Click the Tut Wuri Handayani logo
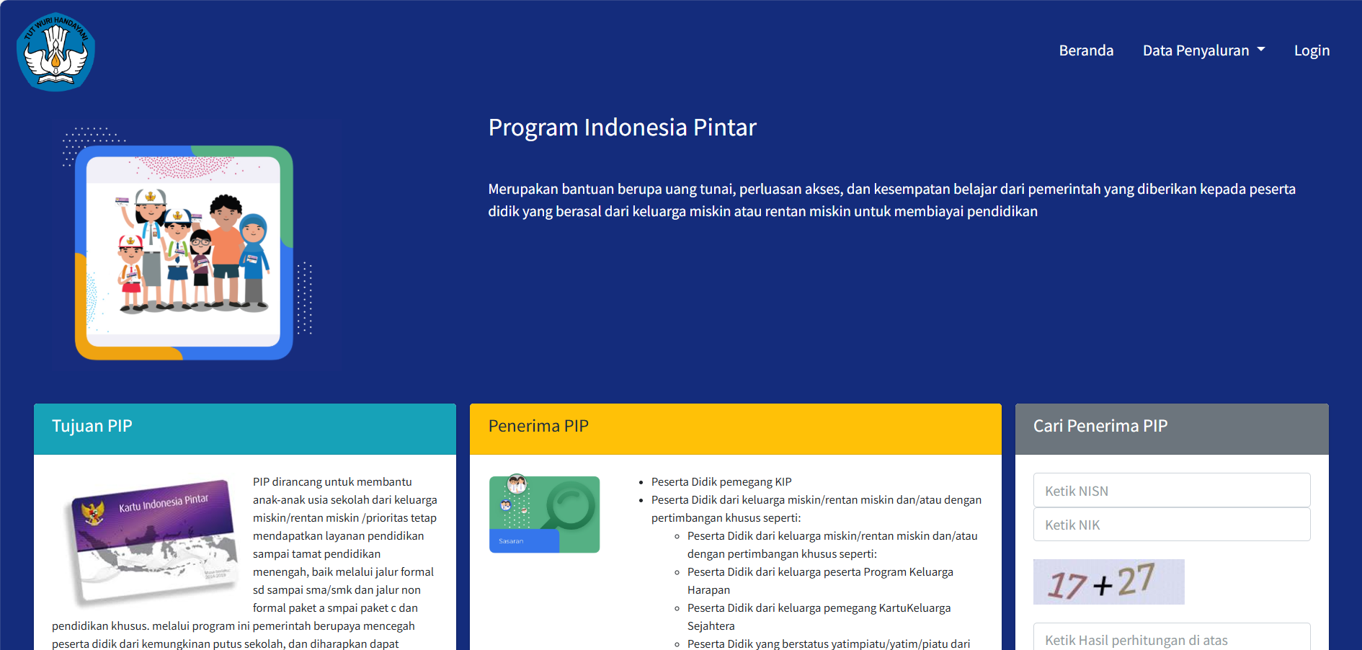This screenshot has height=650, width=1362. pos(55,52)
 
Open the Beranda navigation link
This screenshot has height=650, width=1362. pos(1086,50)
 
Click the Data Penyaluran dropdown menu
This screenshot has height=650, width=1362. pos(1203,50)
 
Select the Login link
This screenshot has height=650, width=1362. pos(1312,50)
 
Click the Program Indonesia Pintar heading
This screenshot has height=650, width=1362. pos(622,128)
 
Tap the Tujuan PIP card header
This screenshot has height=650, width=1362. pos(244,427)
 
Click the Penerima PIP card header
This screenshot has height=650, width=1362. pos(735,427)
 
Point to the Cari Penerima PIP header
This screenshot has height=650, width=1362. pos(1171,427)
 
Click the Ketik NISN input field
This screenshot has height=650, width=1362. pos(1171,491)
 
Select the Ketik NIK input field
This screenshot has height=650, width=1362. pos(1171,525)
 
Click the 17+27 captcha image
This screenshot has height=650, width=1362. pos(1108,582)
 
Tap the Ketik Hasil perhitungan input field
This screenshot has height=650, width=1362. pos(1171,638)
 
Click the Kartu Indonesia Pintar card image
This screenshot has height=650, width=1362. pos(155,540)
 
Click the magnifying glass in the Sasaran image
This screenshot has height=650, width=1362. pos(569,507)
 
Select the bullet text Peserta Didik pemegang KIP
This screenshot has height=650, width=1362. pos(721,482)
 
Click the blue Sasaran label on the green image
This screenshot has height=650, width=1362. pos(523,541)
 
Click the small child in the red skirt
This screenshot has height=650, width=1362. pos(130,274)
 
